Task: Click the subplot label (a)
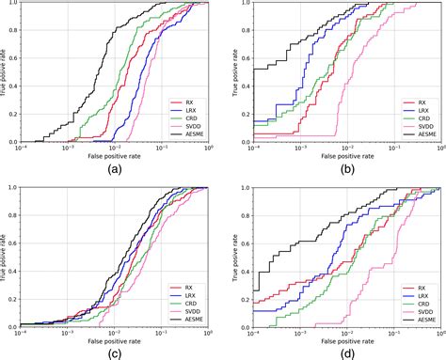tap(115, 169)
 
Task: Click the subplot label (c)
tap(115, 352)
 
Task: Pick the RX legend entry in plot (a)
tap(184, 99)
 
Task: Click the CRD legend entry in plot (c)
tap(185, 302)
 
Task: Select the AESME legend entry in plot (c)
tap(188, 319)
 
